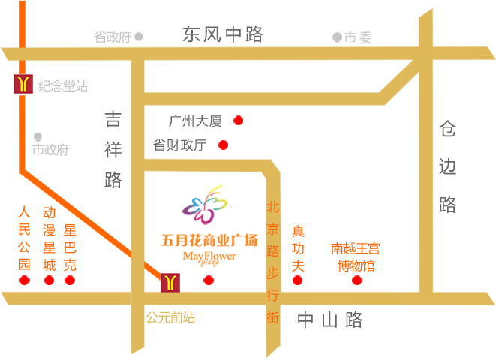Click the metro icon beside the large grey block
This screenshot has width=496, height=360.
pyautogui.click(x=23, y=84)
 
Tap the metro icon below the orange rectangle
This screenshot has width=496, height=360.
pyautogui.click(x=170, y=283)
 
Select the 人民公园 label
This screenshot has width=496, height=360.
pyautogui.click(x=24, y=238)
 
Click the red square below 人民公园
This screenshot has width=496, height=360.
pyautogui.click(x=24, y=280)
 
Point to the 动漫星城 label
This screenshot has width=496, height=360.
pyautogui.click(x=49, y=238)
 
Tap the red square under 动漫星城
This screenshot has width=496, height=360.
pyautogui.click(x=49, y=280)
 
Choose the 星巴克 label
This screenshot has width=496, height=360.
pyautogui.click(x=70, y=247)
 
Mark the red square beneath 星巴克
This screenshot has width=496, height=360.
pyautogui.click(x=70, y=280)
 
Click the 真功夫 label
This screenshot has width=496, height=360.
pyautogui.click(x=298, y=248)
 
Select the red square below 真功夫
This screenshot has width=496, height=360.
pyautogui.click(x=297, y=280)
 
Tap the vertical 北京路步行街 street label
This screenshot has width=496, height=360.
pyautogui.click(x=272, y=262)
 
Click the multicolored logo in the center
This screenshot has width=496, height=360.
pyautogui.click(x=206, y=205)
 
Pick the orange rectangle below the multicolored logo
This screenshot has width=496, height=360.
pyautogui.click(x=209, y=250)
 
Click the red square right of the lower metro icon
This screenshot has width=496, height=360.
pyautogui.click(x=209, y=280)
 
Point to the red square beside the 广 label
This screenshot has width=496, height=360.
pyautogui.click(x=239, y=120)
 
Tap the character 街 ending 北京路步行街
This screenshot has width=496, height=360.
pyautogui.click(x=272, y=317)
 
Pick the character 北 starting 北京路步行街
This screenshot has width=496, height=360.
pyautogui.click(x=272, y=206)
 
